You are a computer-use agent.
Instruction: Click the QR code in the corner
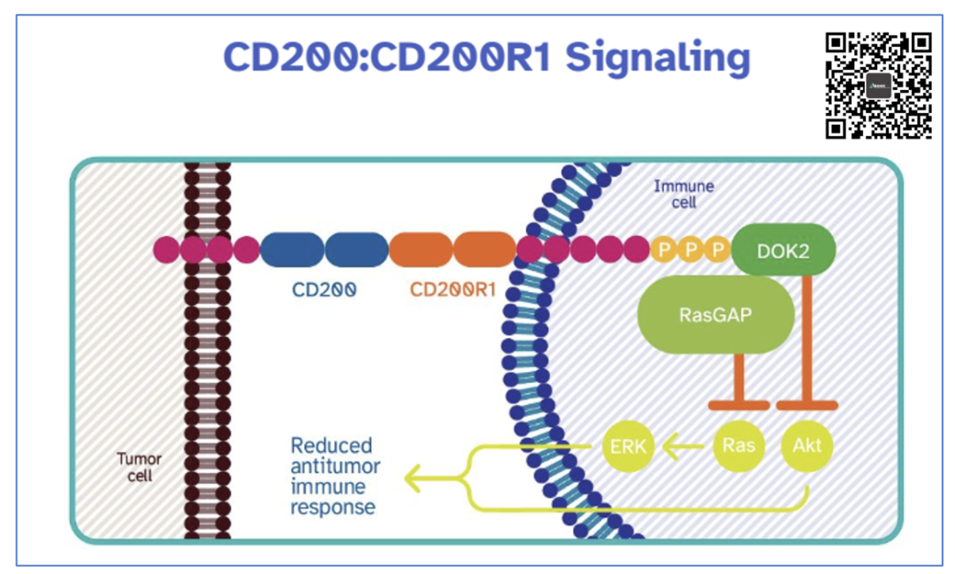pos(878,86)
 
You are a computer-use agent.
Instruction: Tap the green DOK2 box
pos(783,250)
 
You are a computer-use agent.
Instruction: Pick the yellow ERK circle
pos(628,446)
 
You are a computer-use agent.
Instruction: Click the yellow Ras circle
pos(738,445)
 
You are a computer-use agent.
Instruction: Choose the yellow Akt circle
pos(807,445)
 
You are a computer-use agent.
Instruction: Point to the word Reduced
pos(332,445)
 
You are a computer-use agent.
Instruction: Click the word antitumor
pos(333,466)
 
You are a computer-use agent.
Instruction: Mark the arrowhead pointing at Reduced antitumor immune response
pos(413,478)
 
